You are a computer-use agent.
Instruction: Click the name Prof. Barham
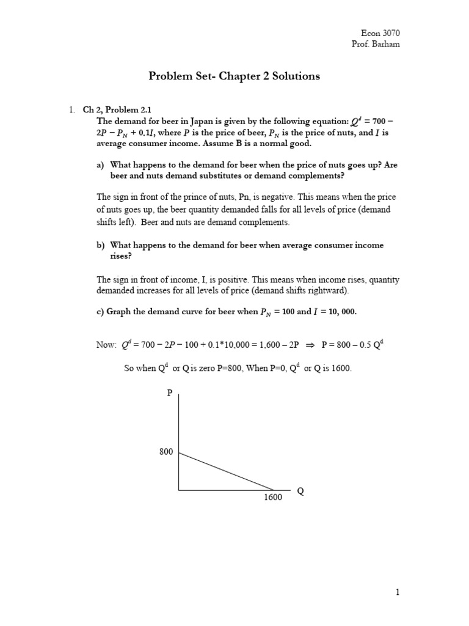(380, 45)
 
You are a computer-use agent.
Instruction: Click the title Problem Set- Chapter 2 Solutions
(234, 76)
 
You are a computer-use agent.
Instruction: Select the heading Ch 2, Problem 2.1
(117, 109)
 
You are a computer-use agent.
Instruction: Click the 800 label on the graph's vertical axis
(166, 452)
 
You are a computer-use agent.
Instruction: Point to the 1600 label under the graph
(273, 497)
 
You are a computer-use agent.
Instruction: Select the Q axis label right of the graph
(300, 491)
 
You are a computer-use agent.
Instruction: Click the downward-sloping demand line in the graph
(226, 471)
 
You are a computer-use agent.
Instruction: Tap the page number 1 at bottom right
(397, 592)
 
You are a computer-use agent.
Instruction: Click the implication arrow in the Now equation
(310, 345)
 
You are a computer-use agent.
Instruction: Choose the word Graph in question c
(119, 311)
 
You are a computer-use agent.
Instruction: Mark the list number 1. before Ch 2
(71, 109)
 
